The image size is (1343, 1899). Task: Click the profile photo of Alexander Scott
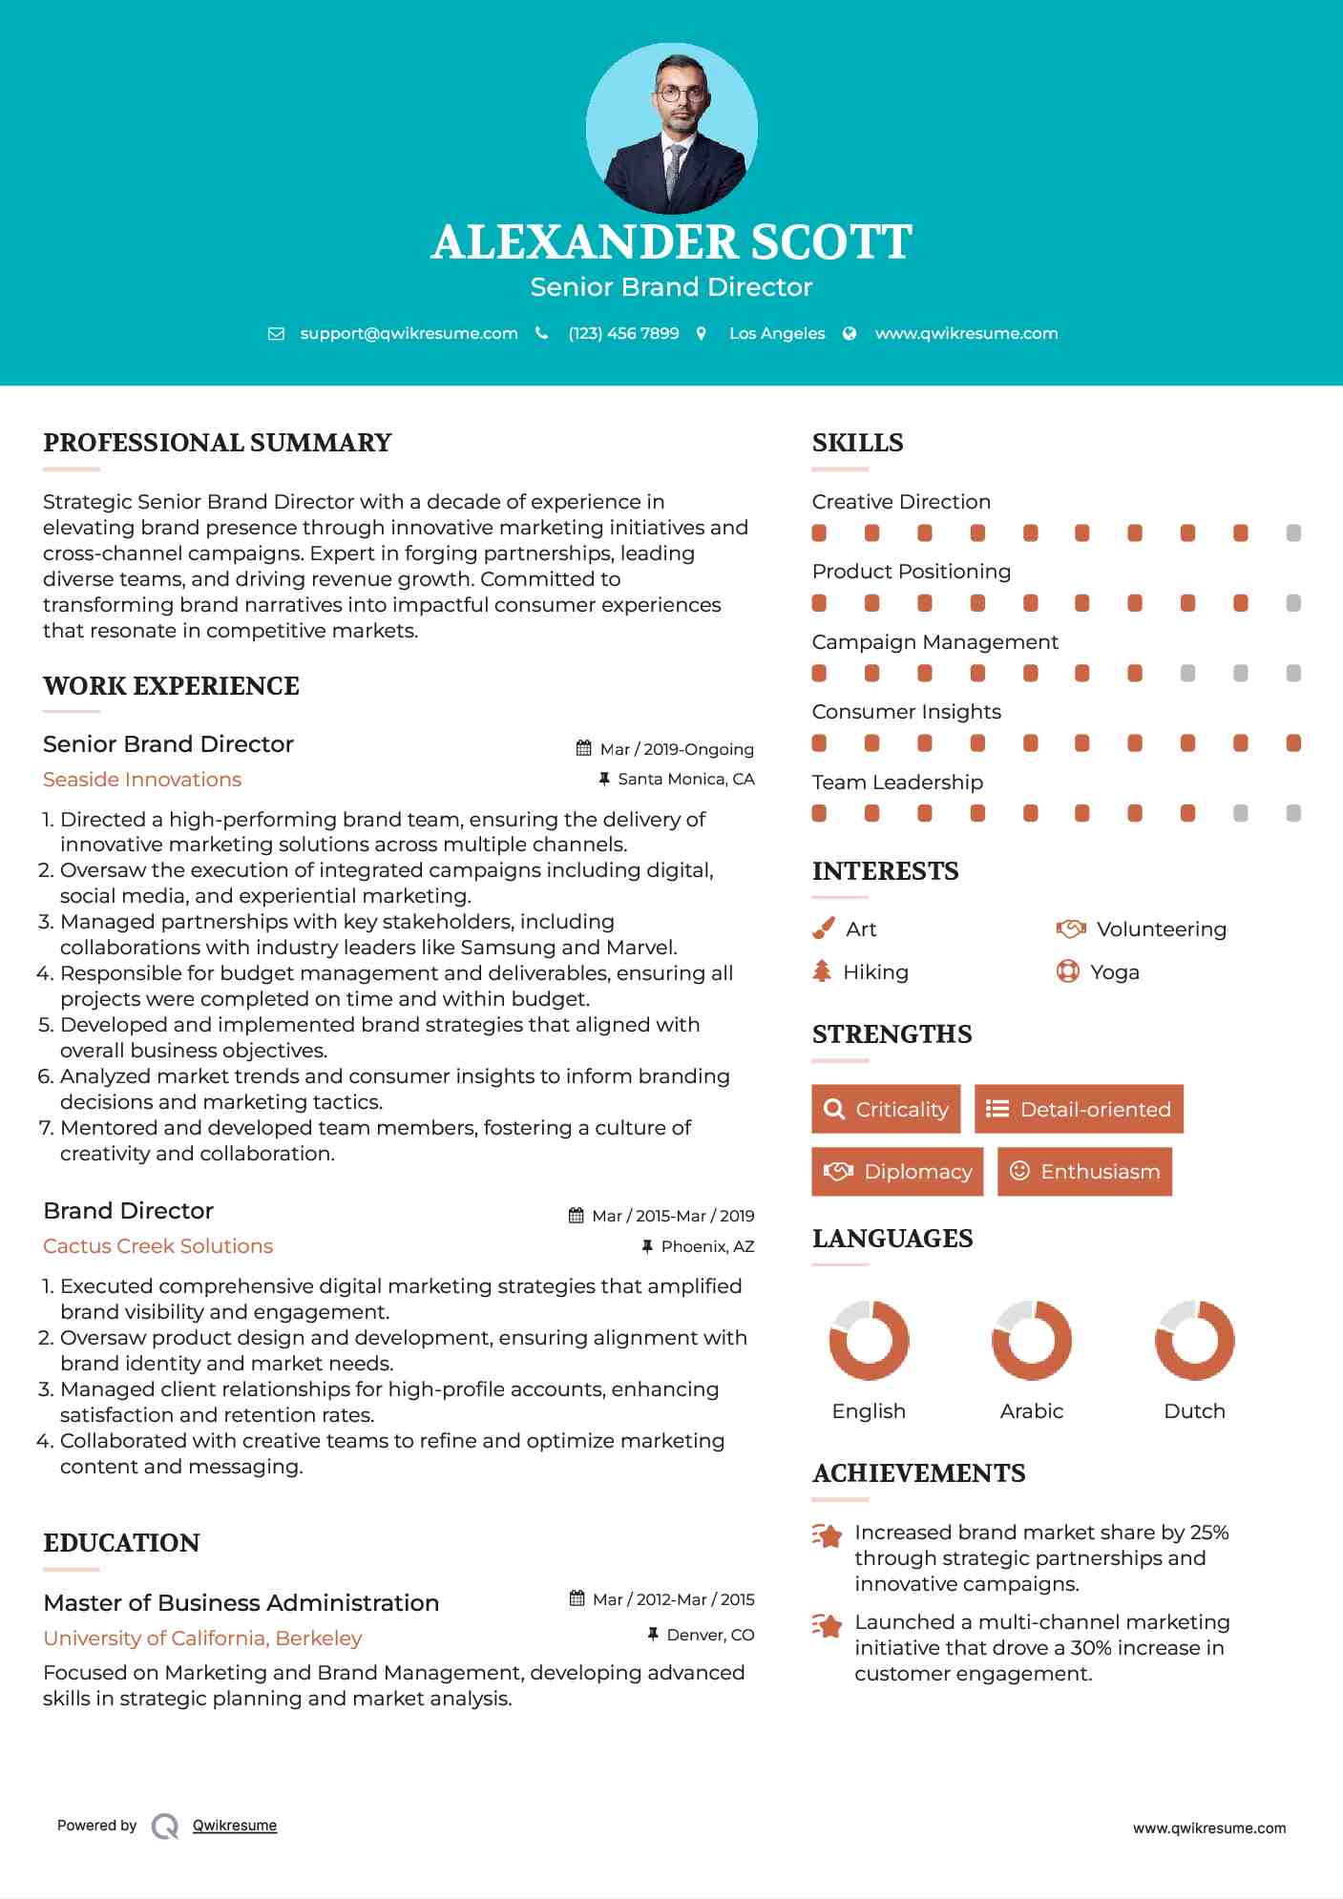click(x=671, y=128)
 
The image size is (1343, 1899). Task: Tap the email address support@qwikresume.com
click(x=409, y=333)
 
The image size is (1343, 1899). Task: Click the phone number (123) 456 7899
click(x=623, y=333)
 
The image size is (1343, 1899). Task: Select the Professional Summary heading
click(x=218, y=443)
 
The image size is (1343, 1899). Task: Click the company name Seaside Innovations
click(x=142, y=780)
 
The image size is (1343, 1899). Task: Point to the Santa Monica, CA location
click(x=685, y=779)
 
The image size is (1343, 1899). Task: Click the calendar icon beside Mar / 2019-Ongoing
click(x=584, y=748)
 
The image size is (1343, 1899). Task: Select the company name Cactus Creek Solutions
click(x=158, y=1246)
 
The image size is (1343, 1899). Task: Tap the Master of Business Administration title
click(x=241, y=1602)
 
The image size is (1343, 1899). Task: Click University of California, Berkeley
click(x=202, y=1638)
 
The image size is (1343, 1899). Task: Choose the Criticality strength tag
click(x=886, y=1109)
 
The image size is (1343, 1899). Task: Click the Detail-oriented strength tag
click(x=1079, y=1109)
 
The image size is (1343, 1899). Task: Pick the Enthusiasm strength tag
click(x=1084, y=1171)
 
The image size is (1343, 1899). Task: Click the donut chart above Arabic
click(x=1031, y=1340)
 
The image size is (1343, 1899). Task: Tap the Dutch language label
click(x=1194, y=1410)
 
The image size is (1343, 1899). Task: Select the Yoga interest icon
click(x=1068, y=971)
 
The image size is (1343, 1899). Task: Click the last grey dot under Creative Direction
click(x=1293, y=533)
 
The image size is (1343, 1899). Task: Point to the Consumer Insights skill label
click(x=907, y=712)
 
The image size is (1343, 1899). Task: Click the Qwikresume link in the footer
click(x=235, y=1826)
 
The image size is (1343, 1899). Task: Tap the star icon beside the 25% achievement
click(x=827, y=1535)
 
